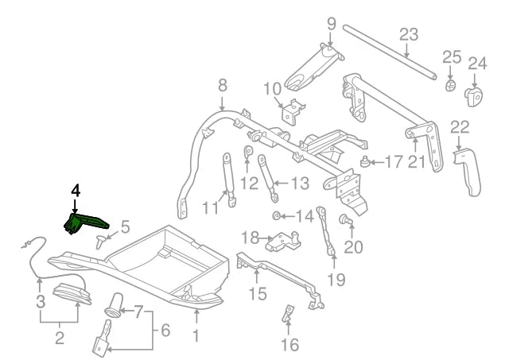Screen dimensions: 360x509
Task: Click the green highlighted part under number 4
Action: tap(85, 222)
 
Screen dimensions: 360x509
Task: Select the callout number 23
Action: tap(408, 35)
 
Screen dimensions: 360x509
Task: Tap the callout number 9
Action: tap(332, 24)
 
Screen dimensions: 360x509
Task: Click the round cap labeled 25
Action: tap(451, 84)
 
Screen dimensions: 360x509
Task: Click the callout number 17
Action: tap(394, 163)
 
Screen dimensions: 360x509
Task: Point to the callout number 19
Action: tap(336, 279)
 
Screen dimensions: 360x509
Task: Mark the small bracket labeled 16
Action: tap(287, 315)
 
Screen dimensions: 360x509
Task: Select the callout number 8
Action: tap(222, 84)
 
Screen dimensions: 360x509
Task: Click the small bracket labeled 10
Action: tap(291, 112)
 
